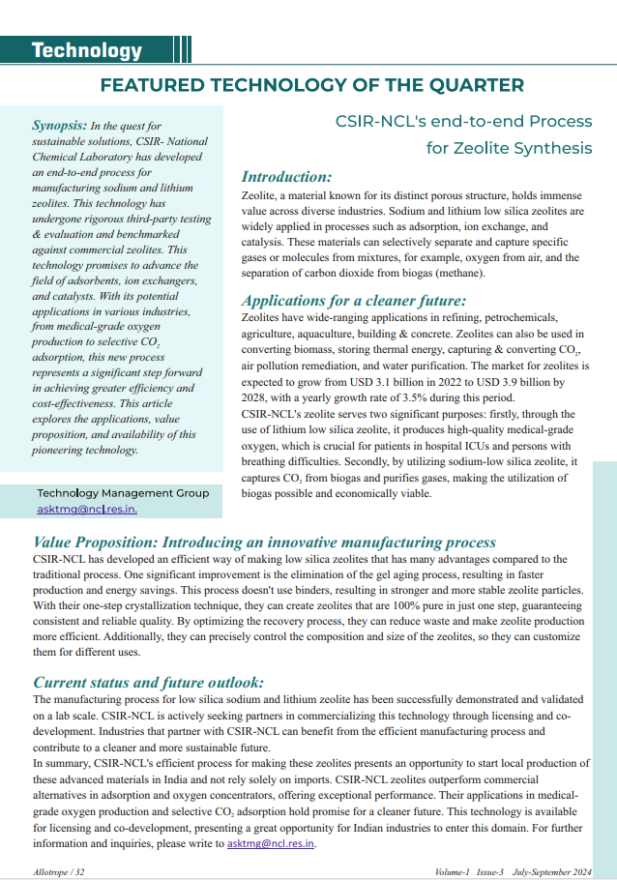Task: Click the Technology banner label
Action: pyautogui.click(x=86, y=50)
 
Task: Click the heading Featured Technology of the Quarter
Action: pyautogui.click(x=312, y=85)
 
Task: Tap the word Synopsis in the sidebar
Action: pyautogui.click(x=58, y=126)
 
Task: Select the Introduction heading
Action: pyautogui.click(x=286, y=177)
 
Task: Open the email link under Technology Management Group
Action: pyautogui.click(x=87, y=509)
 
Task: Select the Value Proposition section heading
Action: pyautogui.click(x=264, y=543)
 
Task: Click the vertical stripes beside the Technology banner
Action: pyautogui.click(x=184, y=50)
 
